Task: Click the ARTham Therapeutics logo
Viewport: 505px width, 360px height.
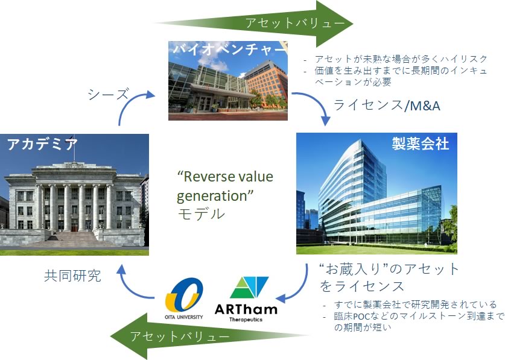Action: [x=246, y=299]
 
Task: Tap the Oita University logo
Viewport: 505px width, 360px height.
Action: [x=184, y=298]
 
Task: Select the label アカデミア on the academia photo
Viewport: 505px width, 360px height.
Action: [x=42, y=144]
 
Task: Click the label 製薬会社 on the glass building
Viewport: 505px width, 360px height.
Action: [x=421, y=143]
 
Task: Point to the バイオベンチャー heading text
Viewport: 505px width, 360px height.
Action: [x=229, y=49]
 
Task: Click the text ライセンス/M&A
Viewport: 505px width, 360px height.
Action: [x=387, y=106]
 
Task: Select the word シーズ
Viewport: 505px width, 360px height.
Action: [x=108, y=94]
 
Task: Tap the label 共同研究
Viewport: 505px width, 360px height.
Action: [x=72, y=276]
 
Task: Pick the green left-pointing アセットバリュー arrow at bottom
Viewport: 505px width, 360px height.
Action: [x=209, y=336]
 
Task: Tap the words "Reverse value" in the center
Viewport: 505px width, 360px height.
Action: [x=225, y=176]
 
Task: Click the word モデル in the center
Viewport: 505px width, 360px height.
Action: [x=201, y=213]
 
